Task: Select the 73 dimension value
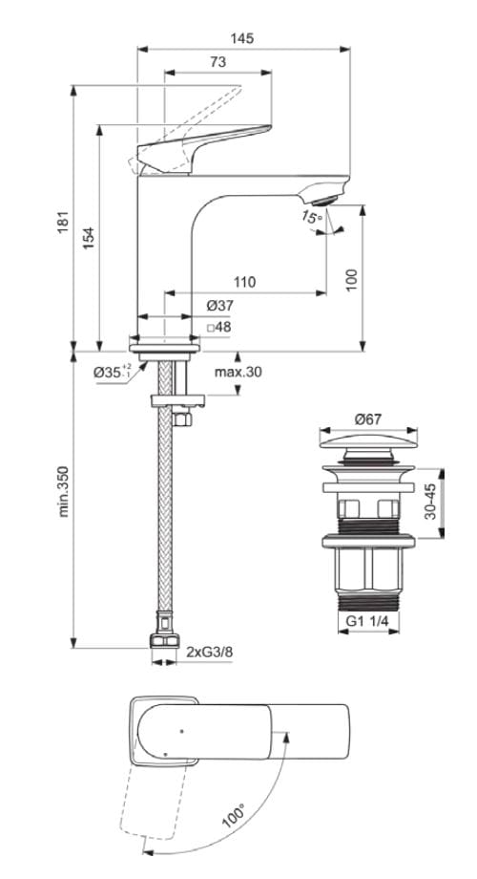(217, 62)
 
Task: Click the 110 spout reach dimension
(245, 282)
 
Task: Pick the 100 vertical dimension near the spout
(352, 277)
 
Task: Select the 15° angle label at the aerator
(310, 218)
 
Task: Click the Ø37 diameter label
(219, 306)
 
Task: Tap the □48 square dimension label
(219, 327)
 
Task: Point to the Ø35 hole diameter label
(113, 372)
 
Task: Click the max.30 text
(238, 372)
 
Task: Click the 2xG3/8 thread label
(209, 652)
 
